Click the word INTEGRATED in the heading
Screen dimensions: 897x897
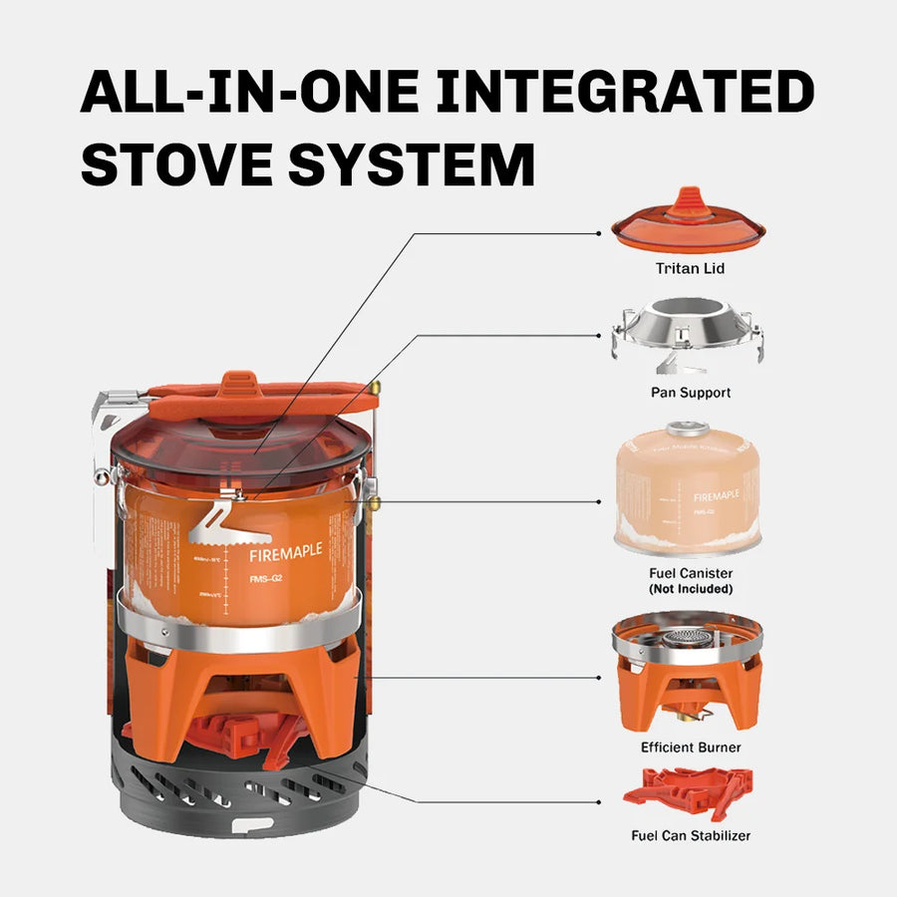(625, 91)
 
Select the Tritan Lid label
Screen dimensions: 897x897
(690, 268)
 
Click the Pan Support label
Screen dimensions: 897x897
(691, 393)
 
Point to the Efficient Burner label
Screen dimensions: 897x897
(691, 747)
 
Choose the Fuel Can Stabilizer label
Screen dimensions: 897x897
(691, 835)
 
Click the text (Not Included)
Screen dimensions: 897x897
(691, 589)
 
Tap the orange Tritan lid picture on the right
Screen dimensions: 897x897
(689, 223)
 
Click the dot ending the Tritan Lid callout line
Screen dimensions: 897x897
(598, 233)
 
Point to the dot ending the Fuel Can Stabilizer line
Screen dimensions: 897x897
(598, 801)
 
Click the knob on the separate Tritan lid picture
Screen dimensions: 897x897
(689, 199)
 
